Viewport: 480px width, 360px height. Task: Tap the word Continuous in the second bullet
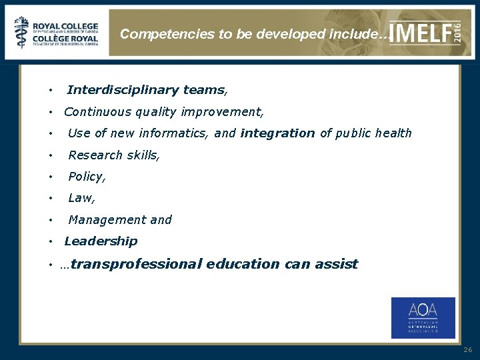coord(95,112)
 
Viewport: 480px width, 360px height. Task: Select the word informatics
coord(179,133)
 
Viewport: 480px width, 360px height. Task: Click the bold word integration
coord(277,133)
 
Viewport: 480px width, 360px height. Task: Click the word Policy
coord(86,177)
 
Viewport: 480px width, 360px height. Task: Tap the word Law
coord(81,198)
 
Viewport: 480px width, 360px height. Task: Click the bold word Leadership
coord(101,241)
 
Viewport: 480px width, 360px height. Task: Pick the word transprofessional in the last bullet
coord(136,264)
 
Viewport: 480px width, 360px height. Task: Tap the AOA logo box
coord(423,318)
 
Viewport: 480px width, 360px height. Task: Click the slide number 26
coord(467,349)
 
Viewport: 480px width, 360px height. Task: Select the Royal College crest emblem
coord(22,32)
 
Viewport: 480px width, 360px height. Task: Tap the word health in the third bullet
coord(393,133)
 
